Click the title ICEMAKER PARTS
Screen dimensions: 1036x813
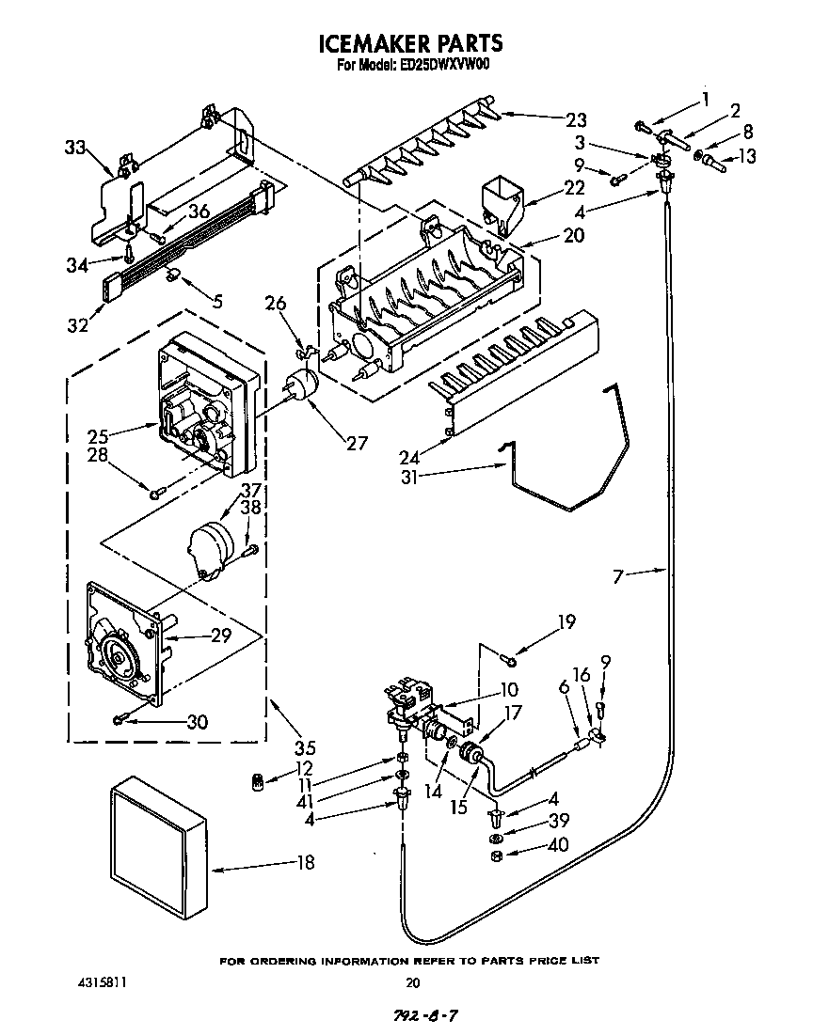click(411, 43)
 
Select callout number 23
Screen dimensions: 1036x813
click(576, 119)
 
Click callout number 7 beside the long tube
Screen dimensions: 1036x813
click(617, 575)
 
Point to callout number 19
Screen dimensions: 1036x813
click(565, 621)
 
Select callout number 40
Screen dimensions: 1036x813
click(558, 845)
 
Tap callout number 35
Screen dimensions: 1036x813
click(305, 748)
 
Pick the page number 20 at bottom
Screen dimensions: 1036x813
click(411, 983)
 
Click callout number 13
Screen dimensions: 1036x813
click(746, 157)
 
